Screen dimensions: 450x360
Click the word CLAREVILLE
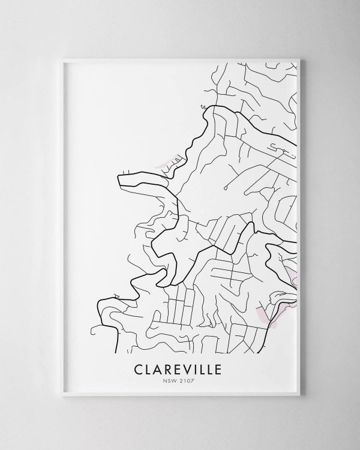pos(180,368)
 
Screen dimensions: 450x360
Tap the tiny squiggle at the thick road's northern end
pos(203,106)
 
